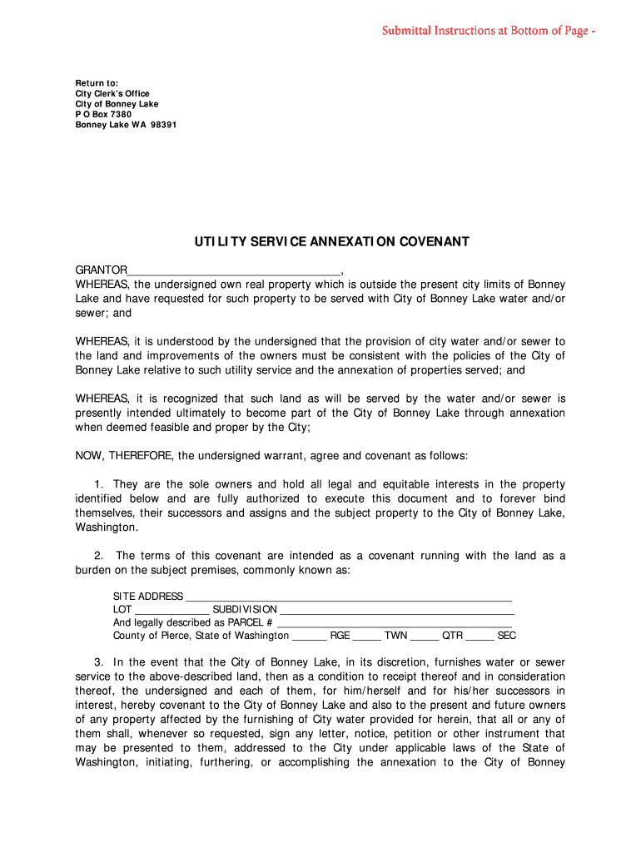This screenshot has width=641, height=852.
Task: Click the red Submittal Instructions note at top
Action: (488, 31)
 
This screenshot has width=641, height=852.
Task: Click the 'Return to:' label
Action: (97, 83)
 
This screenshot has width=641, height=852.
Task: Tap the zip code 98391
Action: (162, 125)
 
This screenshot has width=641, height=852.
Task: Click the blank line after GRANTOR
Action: (234, 270)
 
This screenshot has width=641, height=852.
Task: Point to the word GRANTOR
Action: (102, 270)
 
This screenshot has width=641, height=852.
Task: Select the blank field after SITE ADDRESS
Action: (348, 597)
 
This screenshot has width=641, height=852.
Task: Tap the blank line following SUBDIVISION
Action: (396, 610)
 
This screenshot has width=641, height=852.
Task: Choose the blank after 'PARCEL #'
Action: (394, 623)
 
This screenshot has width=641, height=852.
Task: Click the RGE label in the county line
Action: (340, 636)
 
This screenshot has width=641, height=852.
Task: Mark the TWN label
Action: (395, 636)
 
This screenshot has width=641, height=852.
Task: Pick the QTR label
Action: (452, 636)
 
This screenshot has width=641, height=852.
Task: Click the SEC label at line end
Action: (506, 636)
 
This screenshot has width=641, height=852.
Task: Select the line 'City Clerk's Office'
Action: (112, 94)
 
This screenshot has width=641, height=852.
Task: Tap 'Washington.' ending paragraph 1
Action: (107, 527)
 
